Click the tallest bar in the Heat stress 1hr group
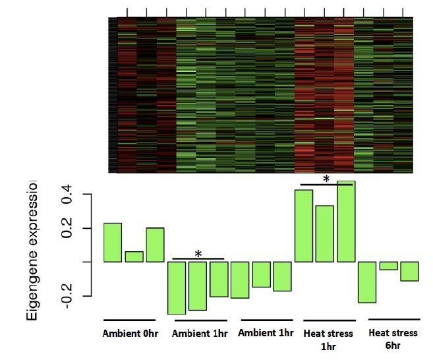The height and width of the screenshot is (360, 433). tap(346, 222)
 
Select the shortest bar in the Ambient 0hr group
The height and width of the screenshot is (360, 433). tap(134, 256)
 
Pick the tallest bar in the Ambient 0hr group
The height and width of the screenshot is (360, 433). tap(113, 242)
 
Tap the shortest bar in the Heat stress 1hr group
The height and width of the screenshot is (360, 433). tap(325, 233)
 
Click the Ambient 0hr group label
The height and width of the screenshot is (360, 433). tap(130, 333)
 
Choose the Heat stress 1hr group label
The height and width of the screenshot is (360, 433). tap(328, 339)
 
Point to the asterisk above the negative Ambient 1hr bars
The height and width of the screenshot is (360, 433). tap(198, 254)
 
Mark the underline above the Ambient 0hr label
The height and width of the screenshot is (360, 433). tap(130, 320)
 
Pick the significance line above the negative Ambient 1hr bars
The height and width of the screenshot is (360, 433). tap(198, 259)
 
